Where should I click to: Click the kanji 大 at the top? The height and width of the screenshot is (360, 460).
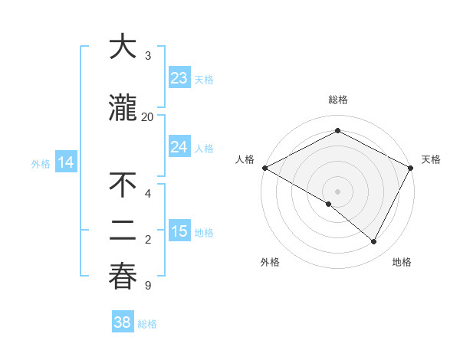coord(123,47)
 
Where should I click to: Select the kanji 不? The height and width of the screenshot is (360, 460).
coord(123,185)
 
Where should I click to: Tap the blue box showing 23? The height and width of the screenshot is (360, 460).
coord(179,78)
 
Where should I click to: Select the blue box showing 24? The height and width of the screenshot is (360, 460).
coord(179,147)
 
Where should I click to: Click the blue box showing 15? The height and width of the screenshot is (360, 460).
coord(179,231)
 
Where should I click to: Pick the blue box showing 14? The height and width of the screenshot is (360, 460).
coord(66,162)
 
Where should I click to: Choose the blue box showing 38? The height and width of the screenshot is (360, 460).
coord(123,322)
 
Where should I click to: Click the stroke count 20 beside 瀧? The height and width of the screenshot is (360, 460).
coord(147,116)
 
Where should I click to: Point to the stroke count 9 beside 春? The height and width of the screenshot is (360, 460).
coord(147,286)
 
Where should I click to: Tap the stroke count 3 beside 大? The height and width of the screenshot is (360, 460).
coord(147,55)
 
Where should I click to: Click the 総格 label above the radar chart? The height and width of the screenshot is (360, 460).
coord(337,100)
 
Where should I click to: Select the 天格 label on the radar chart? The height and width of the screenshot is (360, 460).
coord(431,159)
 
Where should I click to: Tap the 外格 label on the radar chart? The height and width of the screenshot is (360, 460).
coord(270,262)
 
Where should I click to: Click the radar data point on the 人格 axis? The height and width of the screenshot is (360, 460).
coord(264,168)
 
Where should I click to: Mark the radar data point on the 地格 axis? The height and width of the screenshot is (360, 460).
coord(374,242)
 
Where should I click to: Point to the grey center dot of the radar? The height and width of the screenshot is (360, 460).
coord(337,191)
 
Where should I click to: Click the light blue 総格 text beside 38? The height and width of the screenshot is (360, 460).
coord(147,324)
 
